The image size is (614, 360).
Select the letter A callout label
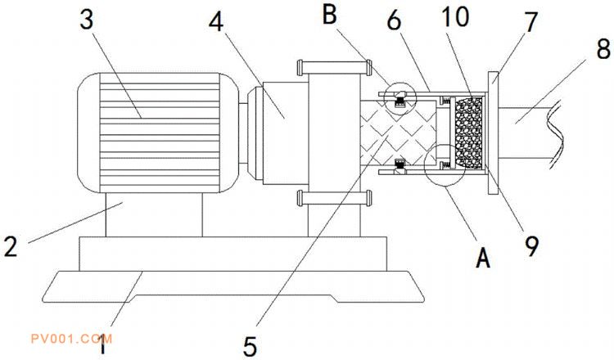tap(482, 259)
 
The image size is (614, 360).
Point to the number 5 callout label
tap(251, 344)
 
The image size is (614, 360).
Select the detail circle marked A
tap(447, 164)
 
